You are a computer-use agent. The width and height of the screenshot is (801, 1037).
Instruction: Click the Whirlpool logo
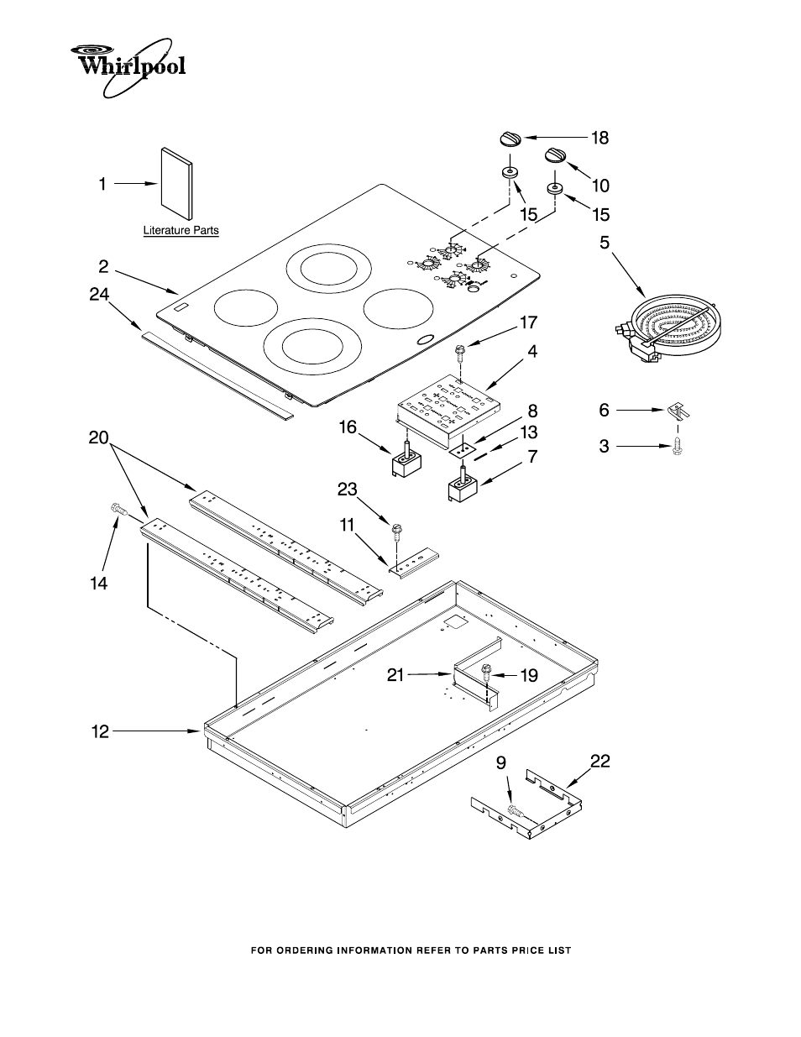pyautogui.click(x=127, y=62)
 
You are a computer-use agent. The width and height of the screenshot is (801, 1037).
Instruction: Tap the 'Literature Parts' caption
pyautogui.click(x=181, y=230)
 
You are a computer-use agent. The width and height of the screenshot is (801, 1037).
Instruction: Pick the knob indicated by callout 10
pyautogui.click(x=555, y=156)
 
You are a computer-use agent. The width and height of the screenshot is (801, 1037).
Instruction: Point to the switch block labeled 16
pyautogui.click(x=406, y=460)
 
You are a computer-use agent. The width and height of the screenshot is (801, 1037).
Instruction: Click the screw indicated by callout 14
pyautogui.click(x=118, y=508)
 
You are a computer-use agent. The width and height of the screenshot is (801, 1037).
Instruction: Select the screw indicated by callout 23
pyautogui.click(x=395, y=532)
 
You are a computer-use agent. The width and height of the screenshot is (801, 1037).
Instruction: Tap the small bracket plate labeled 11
pyautogui.click(x=414, y=564)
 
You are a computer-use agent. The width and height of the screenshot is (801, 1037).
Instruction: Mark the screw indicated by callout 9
pyautogui.click(x=514, y=812)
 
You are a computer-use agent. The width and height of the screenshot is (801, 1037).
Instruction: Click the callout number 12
pyautogui.click(x=100, y=732)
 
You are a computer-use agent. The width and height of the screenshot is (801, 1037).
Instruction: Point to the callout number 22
pyautogui.click(x=599, y=762)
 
